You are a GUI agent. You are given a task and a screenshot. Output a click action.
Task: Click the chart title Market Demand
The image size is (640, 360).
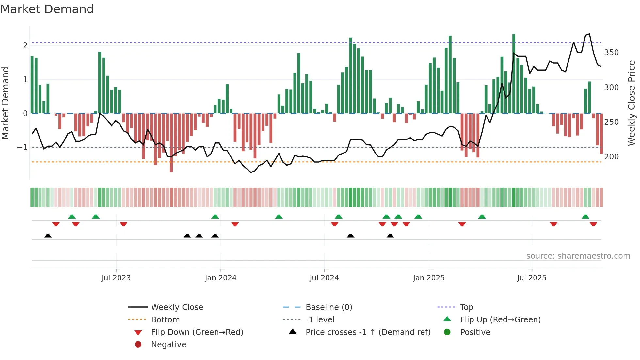click(47, 9)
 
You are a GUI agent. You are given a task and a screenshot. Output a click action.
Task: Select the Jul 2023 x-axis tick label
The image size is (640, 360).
click(116, 278)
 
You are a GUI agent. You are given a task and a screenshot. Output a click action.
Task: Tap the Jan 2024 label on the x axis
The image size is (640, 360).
click(220, 278)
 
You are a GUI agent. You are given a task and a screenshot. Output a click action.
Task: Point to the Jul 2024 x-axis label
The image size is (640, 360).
click(324, 278)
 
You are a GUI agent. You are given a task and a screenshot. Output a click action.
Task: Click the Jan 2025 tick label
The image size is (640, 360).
click(428, 278)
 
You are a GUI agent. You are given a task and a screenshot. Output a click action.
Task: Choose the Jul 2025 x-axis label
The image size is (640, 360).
click(532, 278)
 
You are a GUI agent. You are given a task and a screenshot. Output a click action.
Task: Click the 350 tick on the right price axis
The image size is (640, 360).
click(611, 53)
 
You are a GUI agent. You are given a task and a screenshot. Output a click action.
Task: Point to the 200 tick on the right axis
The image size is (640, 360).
click(611, 157)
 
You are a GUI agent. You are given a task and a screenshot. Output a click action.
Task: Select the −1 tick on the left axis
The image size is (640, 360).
click(22, 147)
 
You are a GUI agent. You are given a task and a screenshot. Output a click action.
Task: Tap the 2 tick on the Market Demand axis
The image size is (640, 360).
click(25, 45)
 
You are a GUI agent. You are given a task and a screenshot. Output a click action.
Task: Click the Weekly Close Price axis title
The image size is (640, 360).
click(632, 103)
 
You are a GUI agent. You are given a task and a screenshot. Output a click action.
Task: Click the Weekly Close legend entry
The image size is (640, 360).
click(177, 307)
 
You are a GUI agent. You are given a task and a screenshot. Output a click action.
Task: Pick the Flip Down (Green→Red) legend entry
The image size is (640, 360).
click(197, 332)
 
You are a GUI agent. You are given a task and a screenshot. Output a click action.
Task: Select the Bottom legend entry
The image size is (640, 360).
click(165, 320)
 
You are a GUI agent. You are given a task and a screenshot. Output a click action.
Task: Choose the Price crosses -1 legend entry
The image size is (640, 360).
click(368, 332)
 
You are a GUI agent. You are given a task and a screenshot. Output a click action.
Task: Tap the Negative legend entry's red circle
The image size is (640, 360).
click(138, 345)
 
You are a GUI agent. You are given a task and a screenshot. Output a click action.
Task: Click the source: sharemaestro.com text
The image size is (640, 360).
click(578, 256)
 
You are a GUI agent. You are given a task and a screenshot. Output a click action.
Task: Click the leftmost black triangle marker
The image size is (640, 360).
click(48, 236)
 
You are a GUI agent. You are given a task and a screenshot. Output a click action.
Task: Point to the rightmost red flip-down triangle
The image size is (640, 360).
click(593, 224)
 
